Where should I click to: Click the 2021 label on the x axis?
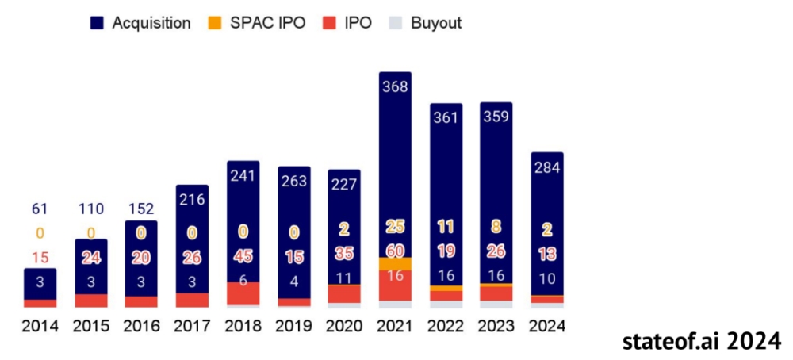point(395,326)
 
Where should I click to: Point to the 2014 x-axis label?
point(40,326)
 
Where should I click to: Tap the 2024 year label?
point(546,326)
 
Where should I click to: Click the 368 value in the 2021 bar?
point(395,86)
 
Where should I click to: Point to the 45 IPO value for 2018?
point(243,256)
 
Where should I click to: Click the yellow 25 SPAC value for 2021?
point(395,227)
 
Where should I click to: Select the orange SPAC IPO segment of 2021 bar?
point(395,263)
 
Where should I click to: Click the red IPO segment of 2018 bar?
point(243,293)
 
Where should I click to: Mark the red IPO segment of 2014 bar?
point(40,303)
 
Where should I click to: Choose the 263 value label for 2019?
point(293,180)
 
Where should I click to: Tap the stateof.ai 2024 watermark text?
point(702,341)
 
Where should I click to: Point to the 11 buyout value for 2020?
point(344,278)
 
